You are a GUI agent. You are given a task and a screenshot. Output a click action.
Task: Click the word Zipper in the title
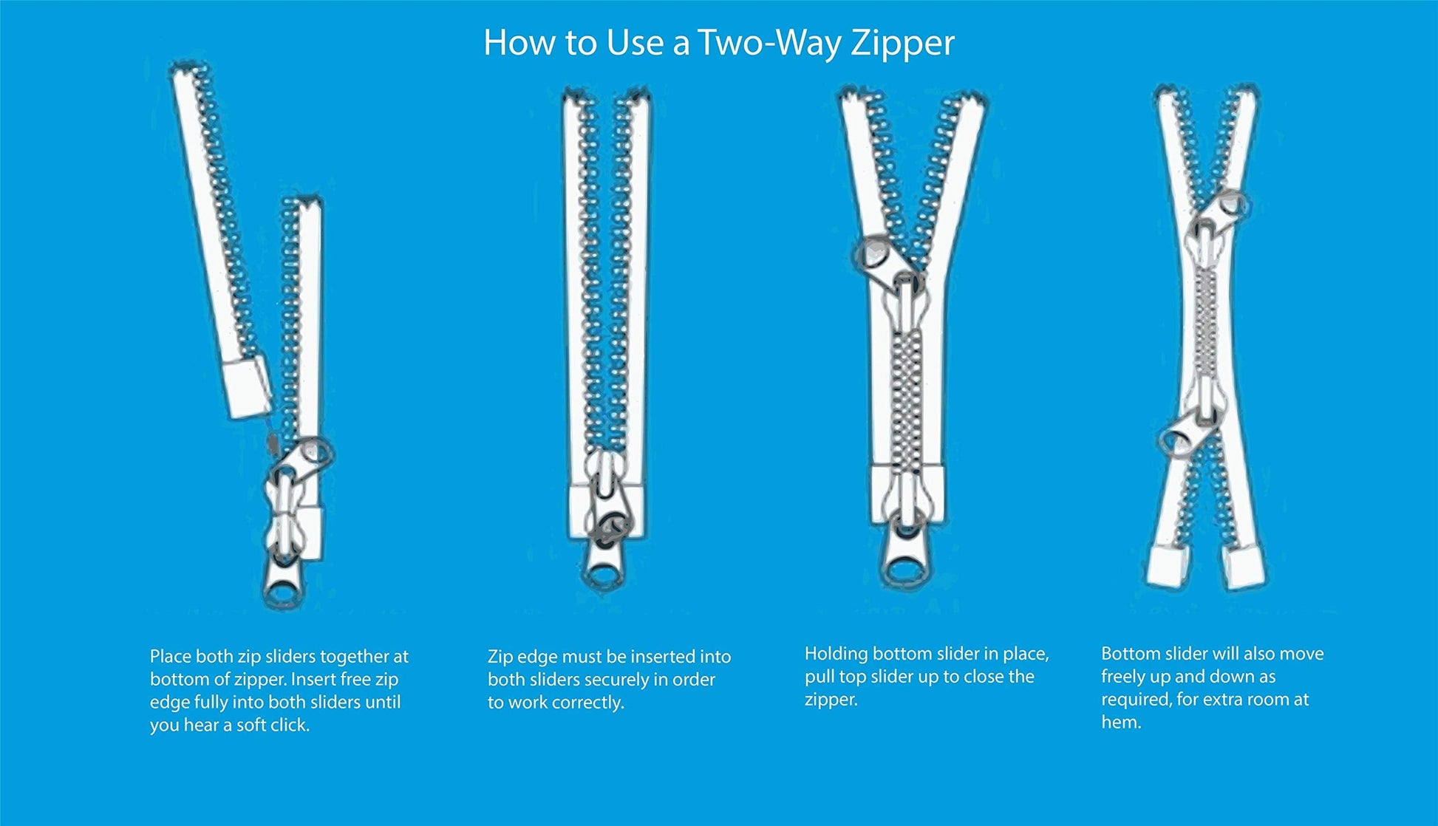pos(902,43)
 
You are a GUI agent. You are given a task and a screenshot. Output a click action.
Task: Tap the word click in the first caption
pos(290,725)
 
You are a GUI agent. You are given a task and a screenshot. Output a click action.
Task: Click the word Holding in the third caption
pos(836,654)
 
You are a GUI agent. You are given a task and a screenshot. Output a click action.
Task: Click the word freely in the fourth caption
pos(1123,677)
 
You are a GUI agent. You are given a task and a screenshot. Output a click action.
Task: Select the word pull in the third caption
pos(819,677)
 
